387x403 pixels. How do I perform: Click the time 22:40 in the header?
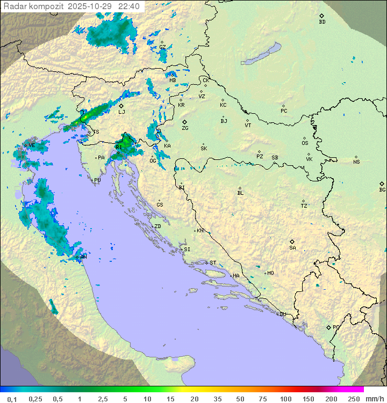129,6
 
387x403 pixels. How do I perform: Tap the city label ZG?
185,128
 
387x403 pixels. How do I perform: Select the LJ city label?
121,112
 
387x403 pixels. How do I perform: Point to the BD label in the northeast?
322,22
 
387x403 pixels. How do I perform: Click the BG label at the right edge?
382,189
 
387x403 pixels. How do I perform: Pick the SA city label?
292,247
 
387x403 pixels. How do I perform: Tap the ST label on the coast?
213,263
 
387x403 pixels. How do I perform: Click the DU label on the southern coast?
282,314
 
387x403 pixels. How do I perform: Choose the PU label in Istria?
97,180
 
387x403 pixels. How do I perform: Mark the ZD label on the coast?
157,226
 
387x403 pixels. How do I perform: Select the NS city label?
356,162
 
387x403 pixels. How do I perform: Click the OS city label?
305,143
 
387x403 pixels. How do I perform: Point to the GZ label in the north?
162,47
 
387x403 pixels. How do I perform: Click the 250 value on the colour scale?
354,399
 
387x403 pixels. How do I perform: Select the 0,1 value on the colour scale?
12,399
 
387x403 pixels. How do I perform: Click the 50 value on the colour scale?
240,399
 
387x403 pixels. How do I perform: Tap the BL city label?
240,193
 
